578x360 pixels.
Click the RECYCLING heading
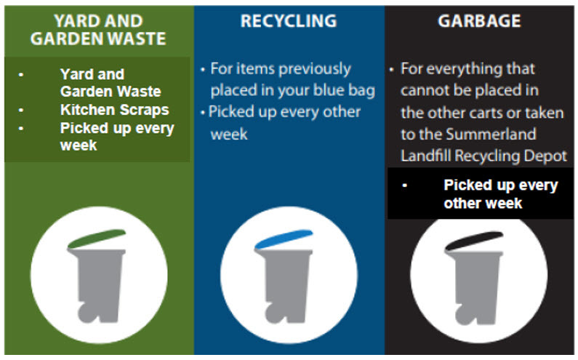pyautogui.click(x=289, y=21)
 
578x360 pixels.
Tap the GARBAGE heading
pyautogui.click(x=479, y=21)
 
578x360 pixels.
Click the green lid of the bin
pyautogui.click(x=97, y=239)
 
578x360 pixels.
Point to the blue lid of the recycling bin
pyautogui.click(x=284, y=239)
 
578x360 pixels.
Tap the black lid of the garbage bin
pyautogui.click(x=474, y=241)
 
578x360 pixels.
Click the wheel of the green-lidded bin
pyautogui.click(x=87, y=313)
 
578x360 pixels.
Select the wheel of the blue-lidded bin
pyautogui.click(x=275, y=313)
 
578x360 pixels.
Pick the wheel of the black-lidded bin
pyautogui.click(x=465, y=315)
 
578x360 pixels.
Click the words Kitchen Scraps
pyautogui.click(x=114, y=110)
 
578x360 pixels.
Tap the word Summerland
pyautogui.click(x=491, y=135)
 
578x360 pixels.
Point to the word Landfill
pyautogui.click(x=426, y=156)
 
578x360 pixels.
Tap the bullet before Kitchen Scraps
pyautogui.click(x=21, y=110)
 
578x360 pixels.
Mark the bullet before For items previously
pyautogui.click(x=203, y=69)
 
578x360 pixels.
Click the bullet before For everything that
pyautogui.click(x=391, y=69)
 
